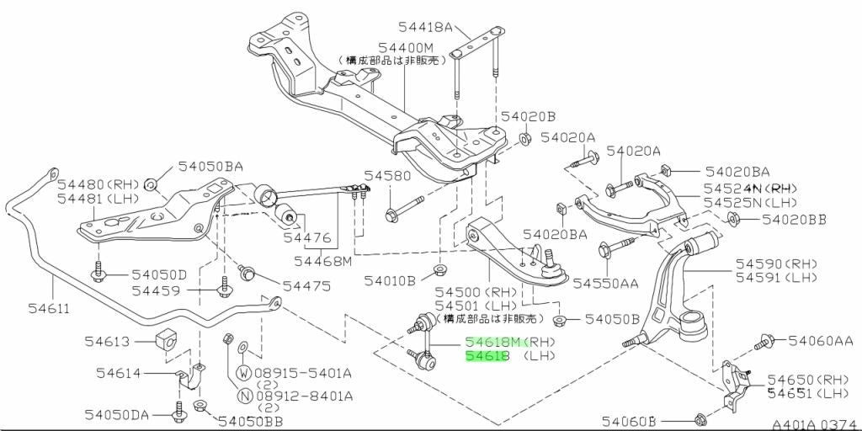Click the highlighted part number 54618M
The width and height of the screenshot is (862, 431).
coord(492,342)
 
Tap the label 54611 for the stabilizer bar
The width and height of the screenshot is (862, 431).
coord(50,308)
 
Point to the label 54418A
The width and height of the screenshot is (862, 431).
coord(424,26)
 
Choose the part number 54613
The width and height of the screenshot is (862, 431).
coord(107,342)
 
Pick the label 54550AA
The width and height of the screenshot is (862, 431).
coord(606,283)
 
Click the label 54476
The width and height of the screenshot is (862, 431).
coord(307,238)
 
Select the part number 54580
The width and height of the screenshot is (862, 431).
coord(386,176)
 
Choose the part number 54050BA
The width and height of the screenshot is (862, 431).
coord(210,167)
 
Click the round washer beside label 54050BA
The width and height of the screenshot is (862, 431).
coord(150,184)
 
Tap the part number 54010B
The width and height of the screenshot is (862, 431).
coord(390,281)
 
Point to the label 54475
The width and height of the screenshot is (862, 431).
coord(306,286)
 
